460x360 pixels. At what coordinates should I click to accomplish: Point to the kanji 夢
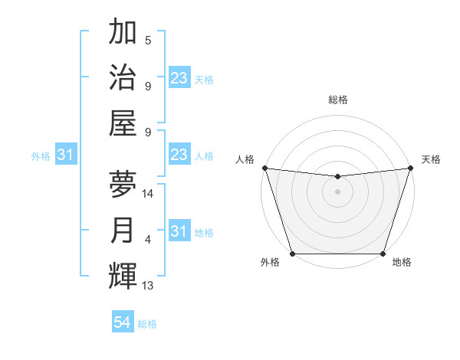[x=123, y=185]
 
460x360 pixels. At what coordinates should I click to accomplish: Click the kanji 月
[x=123, y=231]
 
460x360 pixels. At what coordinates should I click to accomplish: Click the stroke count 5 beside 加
[x=148, y=41]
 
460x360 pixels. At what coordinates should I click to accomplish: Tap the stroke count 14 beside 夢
[x=148, y=194]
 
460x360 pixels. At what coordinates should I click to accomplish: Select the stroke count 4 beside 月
[x=148, y=240]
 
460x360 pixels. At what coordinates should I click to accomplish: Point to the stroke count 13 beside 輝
[x=148, y=286]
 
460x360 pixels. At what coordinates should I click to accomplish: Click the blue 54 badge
[x=123, y=323]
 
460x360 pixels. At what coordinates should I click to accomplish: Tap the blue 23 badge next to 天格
[x=179, y=79]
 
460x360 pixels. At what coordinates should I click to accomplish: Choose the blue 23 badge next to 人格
[x=179, y=155]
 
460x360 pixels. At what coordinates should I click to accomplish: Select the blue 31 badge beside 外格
[x=66, y=155]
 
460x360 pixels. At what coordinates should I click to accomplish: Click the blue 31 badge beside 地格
[x=179, y=232]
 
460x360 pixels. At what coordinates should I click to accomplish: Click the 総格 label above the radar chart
[x=337, y=100]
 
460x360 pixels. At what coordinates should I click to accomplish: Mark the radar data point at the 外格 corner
[x=292, y=254]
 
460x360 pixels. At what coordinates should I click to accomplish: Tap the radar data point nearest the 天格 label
[x=411, y=168]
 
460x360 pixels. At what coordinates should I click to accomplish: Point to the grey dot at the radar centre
[x=337, y=191]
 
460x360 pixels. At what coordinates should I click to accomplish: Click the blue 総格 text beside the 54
[x=147, y=324]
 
